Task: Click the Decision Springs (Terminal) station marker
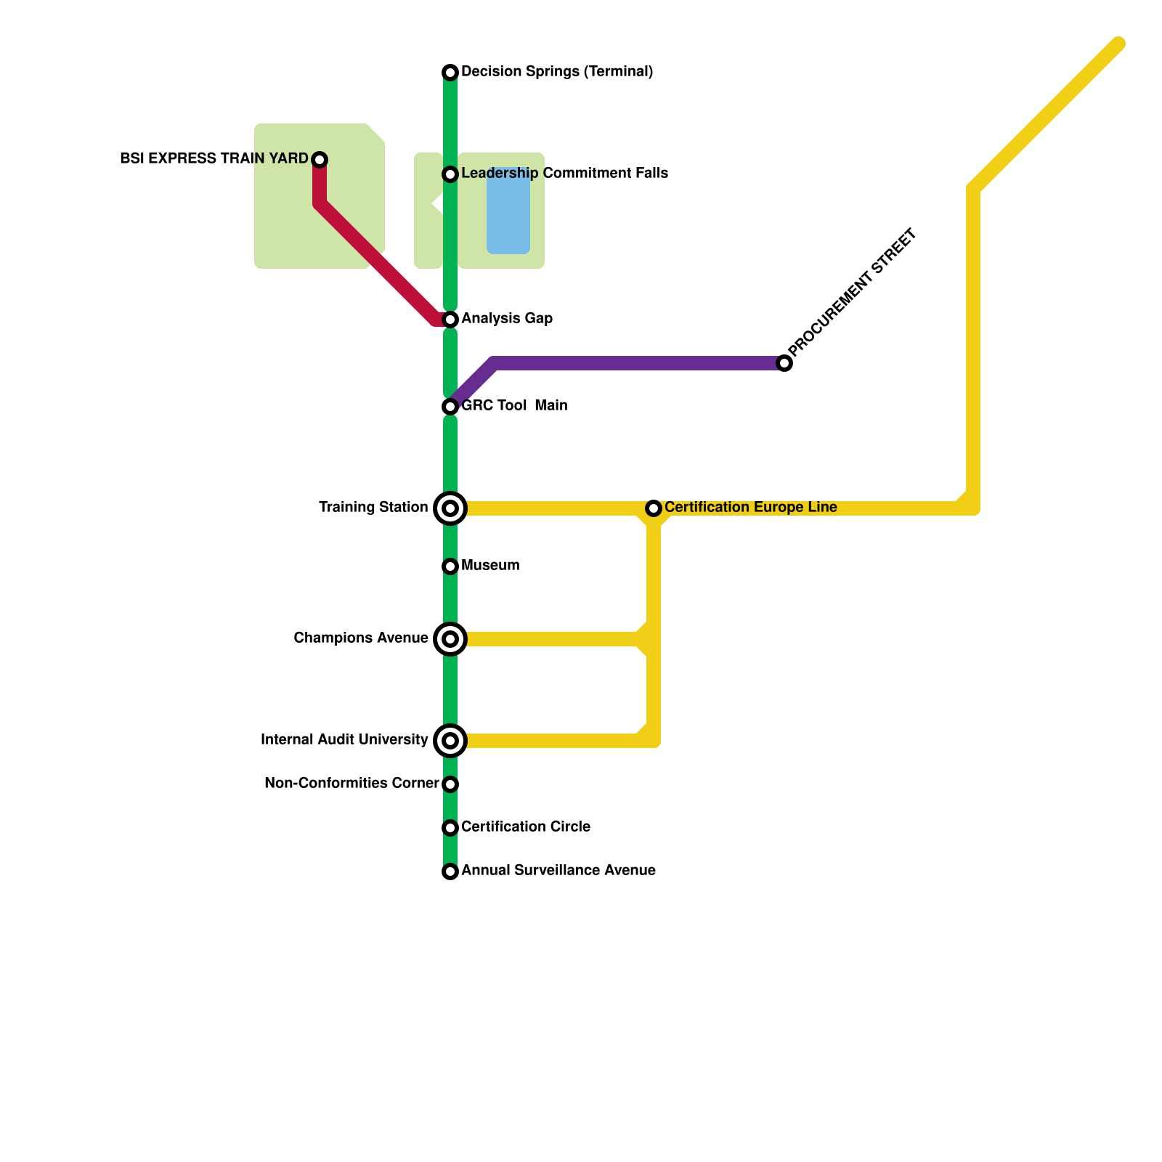tap(450, 73)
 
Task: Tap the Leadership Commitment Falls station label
tap(564, 174)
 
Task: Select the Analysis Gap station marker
tap(450, 320)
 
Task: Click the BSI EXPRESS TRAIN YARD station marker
tap(320, 160)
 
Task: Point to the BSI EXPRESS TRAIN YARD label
tap(214, 159)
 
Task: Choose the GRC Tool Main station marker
tap(450, 407)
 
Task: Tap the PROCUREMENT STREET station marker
tap(784, 363)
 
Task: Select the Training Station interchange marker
tap(450, 508)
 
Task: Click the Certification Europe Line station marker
tap(654, 508)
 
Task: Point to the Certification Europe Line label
tap(750, 508)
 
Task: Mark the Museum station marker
tap(450, 566)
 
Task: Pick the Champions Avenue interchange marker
tap(450, 639)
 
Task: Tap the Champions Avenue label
tap(360, 638)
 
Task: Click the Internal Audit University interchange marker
tap(450, 741)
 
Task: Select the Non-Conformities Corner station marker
tap(450, 784)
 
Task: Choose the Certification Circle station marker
tap(450, 828)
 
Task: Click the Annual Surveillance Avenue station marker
tap(450, 871)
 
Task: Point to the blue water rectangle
tap(508, 211)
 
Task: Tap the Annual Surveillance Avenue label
tap(558, 871)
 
